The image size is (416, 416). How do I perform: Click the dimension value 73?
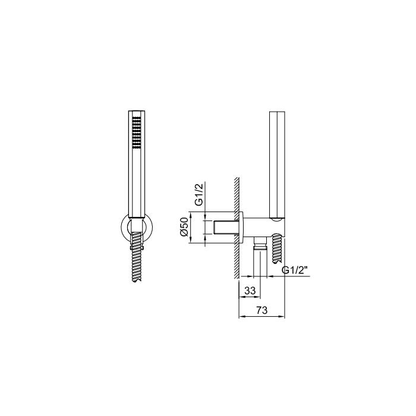pyautogui.click(x=262, y=310)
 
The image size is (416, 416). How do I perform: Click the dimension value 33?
pyautogui.click(x=250, y=291)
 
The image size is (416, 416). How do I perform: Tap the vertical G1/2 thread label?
pyautogui.click(x=198, y=194)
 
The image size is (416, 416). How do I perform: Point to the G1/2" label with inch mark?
pyautogui.click(x=295, y=270)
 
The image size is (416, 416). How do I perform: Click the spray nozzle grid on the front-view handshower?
pyautogui.click(x=136, y=132)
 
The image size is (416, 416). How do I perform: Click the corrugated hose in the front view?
pyautogui.click(x=136, y=257)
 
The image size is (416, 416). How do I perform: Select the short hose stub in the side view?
pyautogui.click(x=277, y=248)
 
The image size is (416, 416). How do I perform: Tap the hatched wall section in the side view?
pyautogui.click(x=237, y=228)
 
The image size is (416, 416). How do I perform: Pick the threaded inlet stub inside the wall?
pyautogui.click(x=223, y=228)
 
